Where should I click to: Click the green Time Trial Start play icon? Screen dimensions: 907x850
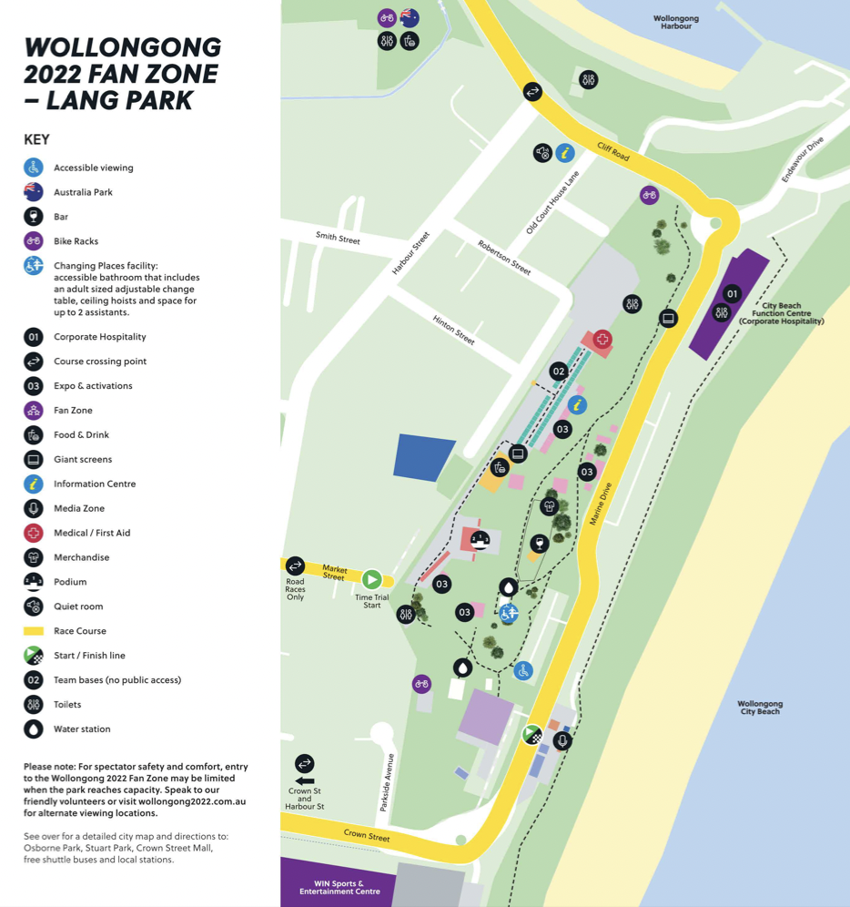tap(371, 579)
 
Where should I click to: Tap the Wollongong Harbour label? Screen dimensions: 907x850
tap(675, 22)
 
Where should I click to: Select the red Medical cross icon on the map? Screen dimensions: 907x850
tap(602, 340)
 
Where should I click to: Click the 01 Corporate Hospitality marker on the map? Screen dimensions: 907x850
tap(732, 293)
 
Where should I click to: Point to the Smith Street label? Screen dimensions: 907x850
tap(338, 239)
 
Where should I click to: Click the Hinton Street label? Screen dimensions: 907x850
tap(454, 330)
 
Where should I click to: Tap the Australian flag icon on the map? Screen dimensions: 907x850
tap(410, 17)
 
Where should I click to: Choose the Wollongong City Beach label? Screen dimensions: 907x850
tap(760, 708)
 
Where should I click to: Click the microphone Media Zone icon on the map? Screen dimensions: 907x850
tap(562, 741)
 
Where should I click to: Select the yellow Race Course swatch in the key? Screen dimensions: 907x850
tap(34, 631)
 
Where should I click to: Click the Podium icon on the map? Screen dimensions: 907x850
tap(480, 539)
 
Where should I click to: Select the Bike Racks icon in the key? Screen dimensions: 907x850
tap(34, 241)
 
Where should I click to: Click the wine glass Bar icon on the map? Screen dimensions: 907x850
tap(539, 544)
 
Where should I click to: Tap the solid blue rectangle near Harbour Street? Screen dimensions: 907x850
tap(424, 457)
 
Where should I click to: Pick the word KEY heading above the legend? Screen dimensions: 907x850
tap(36, 139)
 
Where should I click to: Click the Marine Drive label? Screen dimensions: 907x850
tap(602, 504)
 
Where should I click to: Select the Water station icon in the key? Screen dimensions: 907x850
tap(34, 729)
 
